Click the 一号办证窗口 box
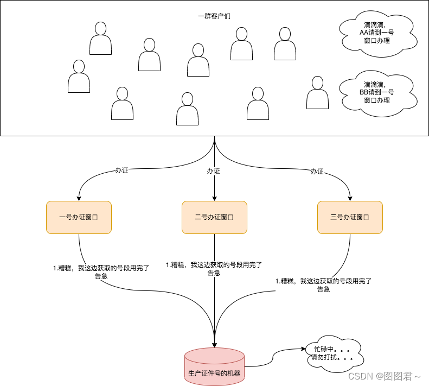point(79,217)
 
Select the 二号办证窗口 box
point(214,217)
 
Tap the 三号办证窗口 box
point(350,217)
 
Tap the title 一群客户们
point(214,16)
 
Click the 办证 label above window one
point(122,170)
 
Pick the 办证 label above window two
point(214,171)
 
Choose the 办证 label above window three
point(317,171)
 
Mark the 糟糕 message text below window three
point(323,285)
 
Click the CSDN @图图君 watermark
point(385,376)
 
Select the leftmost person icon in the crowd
point(79,76)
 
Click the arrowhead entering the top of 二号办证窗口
point(215,198)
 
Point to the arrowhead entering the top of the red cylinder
point(215,345)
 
